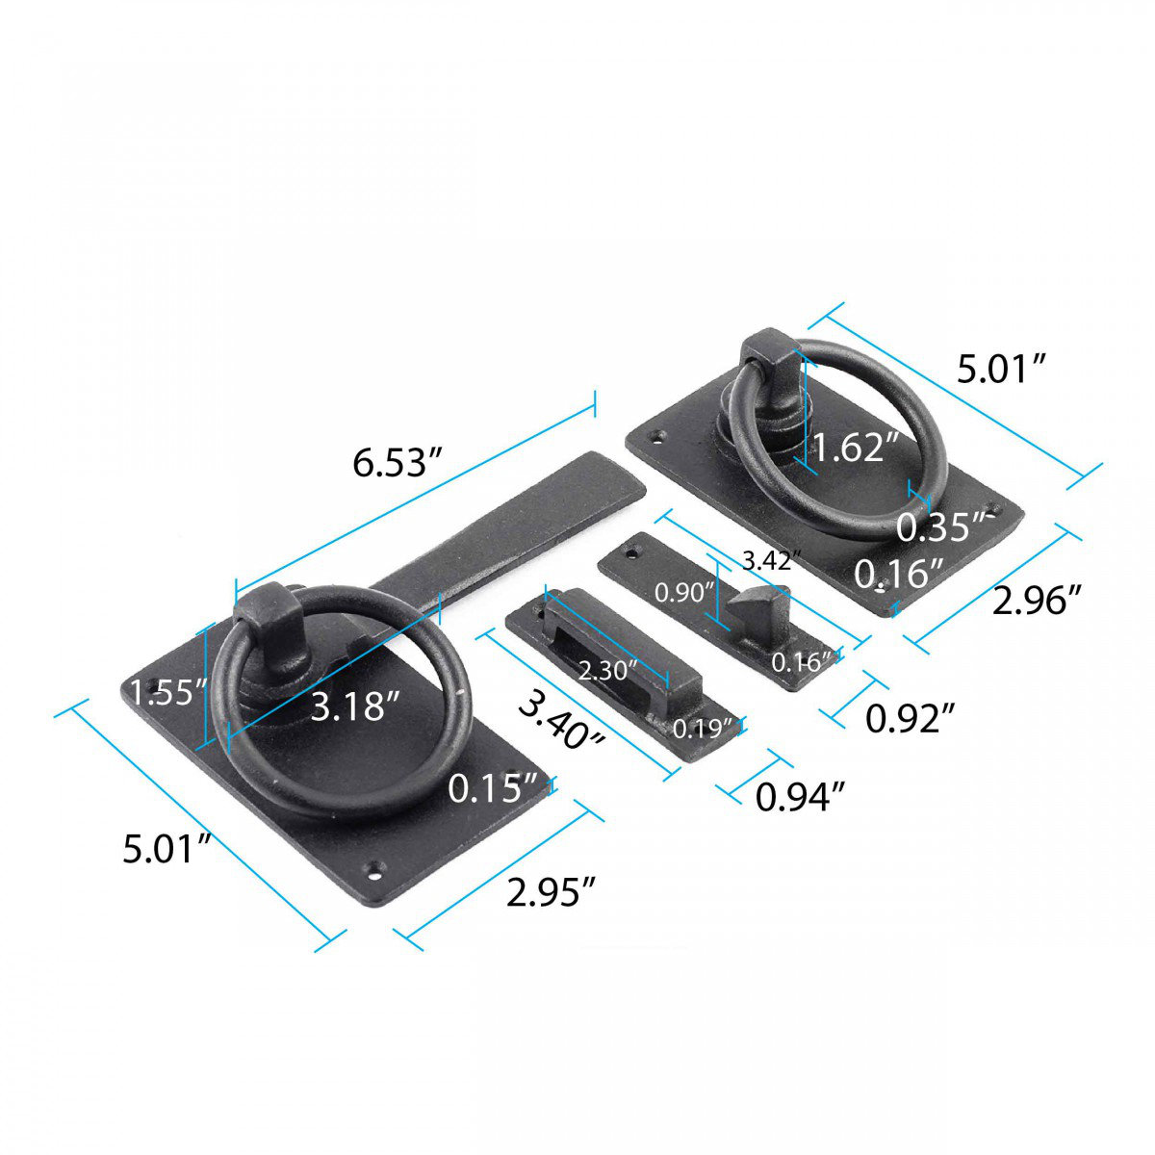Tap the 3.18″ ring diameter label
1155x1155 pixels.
[x=354, y=707]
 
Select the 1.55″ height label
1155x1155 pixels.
[x=169, y=691]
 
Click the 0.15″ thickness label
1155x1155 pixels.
[x=492, y=788]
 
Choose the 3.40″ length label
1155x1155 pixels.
[x=562, y=721]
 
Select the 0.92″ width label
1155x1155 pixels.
[x=910, y=717]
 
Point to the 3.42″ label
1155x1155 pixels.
[x=771, y=559]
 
